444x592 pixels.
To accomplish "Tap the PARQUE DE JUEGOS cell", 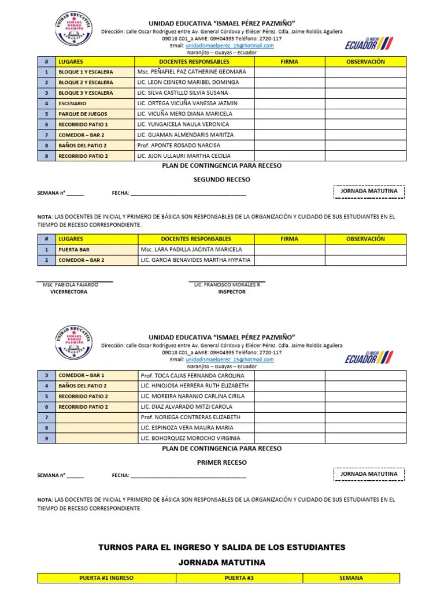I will (83, 114).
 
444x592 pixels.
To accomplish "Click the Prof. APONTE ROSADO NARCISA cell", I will (179, 145).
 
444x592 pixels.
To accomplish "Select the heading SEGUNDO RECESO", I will (221, 180).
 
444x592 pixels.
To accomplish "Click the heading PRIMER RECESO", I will (221, 462).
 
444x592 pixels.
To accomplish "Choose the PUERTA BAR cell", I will (74, 250).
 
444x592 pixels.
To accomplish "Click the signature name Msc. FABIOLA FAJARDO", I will (71, 284).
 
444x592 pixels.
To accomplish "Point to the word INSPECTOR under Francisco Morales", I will (231, 292).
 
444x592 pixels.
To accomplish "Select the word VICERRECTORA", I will (69, 292).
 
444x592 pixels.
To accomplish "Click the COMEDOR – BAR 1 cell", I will (82, 375).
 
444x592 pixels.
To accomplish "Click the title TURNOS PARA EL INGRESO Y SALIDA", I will (222, 547).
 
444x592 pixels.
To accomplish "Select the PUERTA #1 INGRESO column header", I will (106, 578).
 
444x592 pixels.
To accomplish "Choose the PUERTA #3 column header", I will (239, 578).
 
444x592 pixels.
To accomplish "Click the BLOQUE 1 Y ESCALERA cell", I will (86, 72).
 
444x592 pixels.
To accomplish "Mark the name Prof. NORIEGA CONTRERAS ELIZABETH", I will (190, 417).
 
